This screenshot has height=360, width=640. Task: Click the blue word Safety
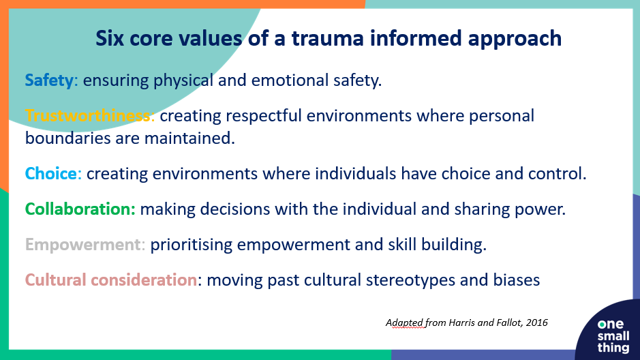click(49, 80)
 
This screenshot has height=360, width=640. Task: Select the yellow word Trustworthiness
click(88, 115)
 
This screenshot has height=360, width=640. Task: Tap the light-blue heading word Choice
click(51, 173)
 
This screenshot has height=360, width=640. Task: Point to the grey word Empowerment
click(83, 245)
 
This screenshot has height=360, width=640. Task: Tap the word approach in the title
click(515, 39)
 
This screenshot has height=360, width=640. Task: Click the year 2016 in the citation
click(536, 323)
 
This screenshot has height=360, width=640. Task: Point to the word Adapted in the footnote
click(404, 323)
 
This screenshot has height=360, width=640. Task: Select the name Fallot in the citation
click(509, 323)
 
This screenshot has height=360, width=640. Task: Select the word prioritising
click(191, 245)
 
